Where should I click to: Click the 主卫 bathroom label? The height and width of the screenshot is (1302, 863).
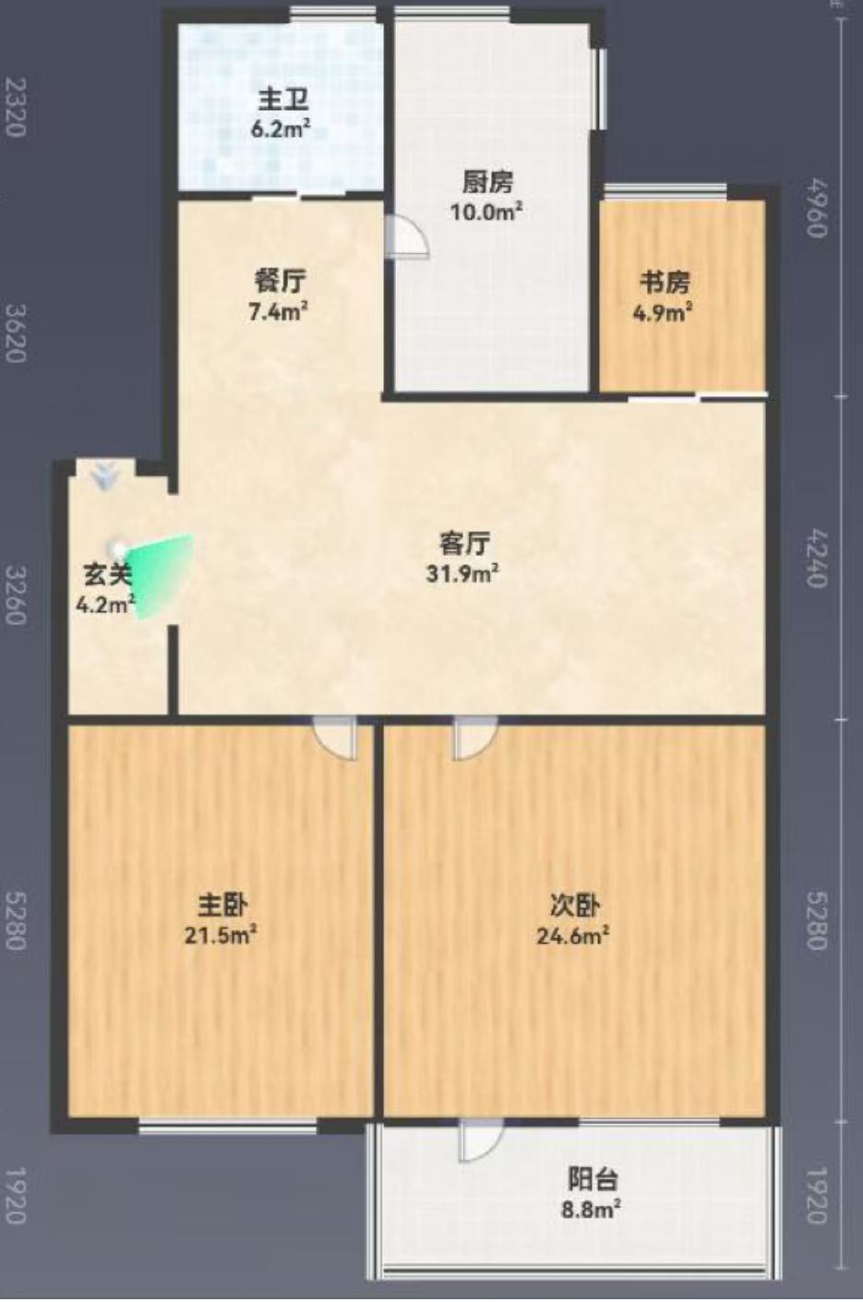tap(283, 102)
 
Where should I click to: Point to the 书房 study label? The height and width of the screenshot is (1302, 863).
tap(665, 283)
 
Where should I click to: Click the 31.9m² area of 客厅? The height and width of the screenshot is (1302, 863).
tap(463, 574)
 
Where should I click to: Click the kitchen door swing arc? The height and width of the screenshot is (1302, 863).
tap(409, 235)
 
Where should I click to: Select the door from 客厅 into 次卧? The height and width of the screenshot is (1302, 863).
tap(475, 737)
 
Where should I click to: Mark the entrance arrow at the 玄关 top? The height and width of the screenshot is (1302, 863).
tap(104, 476)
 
